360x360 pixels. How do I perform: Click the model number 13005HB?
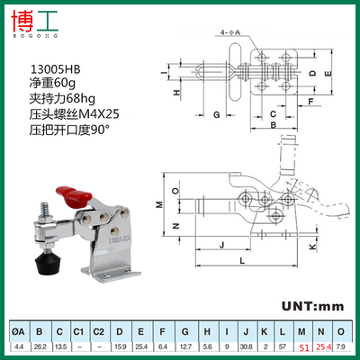click(x=50, y=67)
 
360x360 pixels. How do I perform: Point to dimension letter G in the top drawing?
click(x=217, y=115)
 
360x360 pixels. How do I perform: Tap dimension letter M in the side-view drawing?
click(x=158, y=204)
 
